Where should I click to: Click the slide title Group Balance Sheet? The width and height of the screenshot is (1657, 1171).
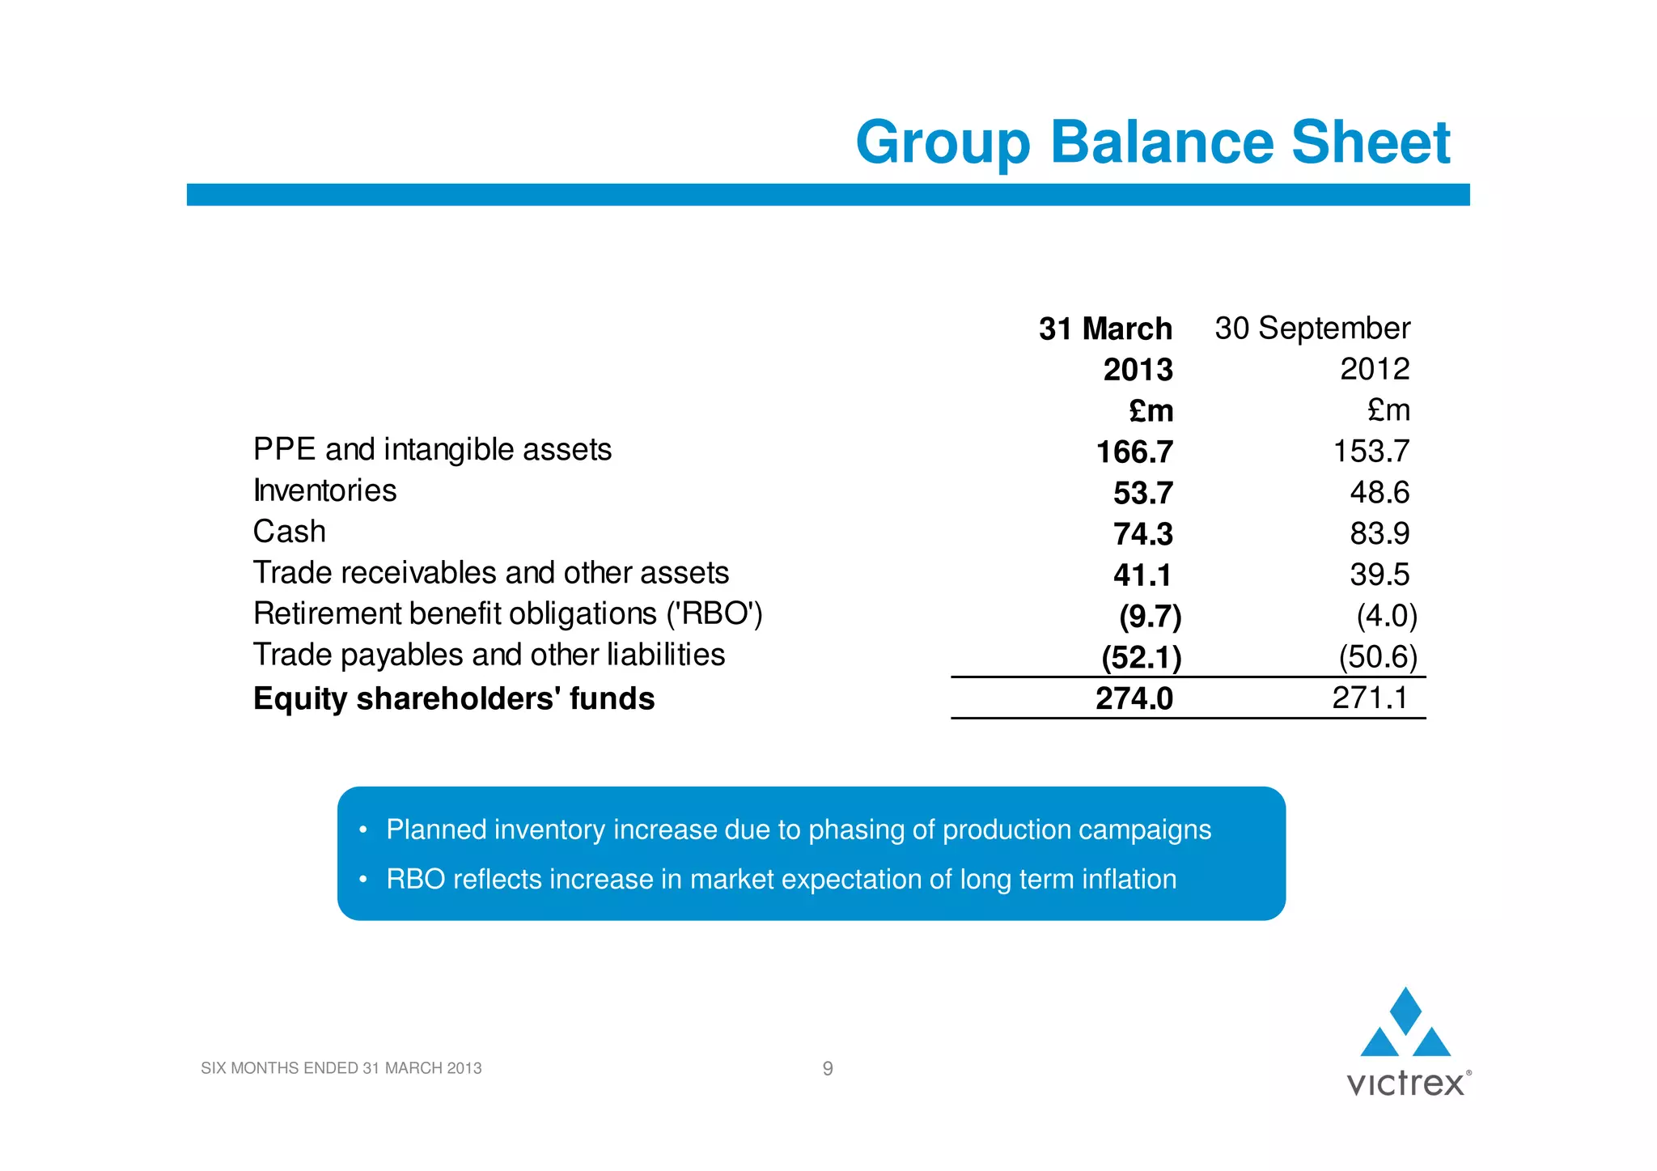1152,142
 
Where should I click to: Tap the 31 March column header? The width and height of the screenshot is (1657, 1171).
1105,329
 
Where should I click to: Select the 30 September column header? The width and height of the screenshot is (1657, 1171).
1312,329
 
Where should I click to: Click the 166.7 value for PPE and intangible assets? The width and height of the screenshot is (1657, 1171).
1134,452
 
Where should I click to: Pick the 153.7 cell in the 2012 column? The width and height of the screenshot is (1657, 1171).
1371,452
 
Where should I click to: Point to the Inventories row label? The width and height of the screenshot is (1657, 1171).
324,490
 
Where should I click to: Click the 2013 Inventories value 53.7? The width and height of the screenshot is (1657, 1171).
1142,494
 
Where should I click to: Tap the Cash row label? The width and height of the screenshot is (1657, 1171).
289,532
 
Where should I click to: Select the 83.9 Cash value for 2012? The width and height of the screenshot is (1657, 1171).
1379,533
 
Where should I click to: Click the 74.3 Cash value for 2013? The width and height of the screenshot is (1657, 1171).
1142,534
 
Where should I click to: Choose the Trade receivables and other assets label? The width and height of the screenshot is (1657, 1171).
490,573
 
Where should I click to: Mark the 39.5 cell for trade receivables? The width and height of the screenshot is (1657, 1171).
1379,575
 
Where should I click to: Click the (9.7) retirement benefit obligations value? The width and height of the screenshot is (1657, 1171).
1150,617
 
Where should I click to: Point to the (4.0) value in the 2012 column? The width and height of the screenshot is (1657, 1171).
1387,616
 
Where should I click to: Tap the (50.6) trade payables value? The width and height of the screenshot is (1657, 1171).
1378,657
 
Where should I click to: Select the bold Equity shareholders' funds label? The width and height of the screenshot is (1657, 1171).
453,698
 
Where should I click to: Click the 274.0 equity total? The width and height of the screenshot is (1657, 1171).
1134,698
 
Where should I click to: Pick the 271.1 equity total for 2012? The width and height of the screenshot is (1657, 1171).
1370,698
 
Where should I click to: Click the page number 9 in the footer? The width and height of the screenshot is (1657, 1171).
828,1068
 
